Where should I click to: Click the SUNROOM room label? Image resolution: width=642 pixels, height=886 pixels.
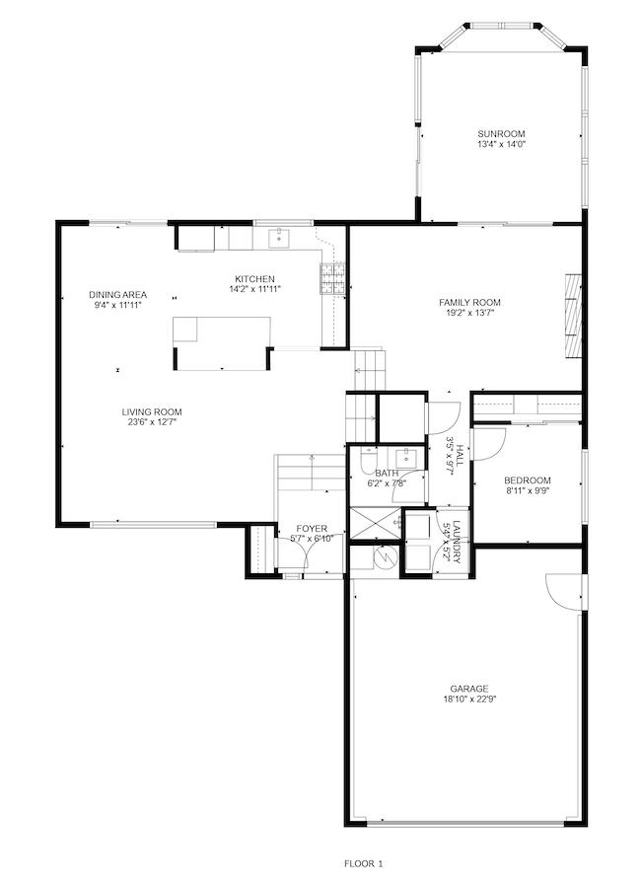501,134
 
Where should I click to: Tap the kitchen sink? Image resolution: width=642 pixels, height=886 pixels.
278,237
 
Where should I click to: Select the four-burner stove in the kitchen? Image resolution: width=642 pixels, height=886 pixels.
331,279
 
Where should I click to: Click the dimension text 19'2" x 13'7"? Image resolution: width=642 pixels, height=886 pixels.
469,314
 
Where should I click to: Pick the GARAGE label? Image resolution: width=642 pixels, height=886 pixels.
469,689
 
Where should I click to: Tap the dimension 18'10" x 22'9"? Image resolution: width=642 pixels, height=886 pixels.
469,700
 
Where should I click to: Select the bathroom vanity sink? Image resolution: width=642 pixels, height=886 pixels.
405,457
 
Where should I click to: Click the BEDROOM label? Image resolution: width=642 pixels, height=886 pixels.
529,480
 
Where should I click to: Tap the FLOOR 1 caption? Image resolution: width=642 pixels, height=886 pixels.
363,863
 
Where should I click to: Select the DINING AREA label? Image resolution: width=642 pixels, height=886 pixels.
117,294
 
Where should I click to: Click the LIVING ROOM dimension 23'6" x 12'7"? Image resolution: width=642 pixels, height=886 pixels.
152,422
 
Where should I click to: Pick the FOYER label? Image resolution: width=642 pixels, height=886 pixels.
312,529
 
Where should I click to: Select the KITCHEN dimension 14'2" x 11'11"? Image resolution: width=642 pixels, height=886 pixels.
254,289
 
